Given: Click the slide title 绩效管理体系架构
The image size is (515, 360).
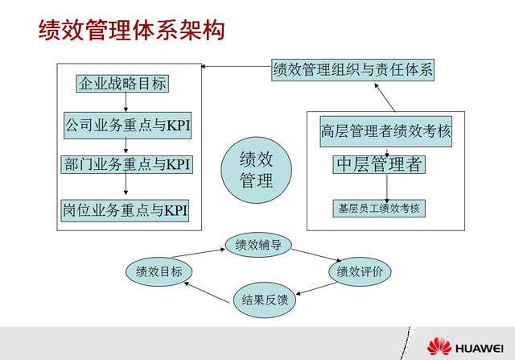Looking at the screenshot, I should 132,31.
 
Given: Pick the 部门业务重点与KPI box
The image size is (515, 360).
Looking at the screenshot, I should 126,164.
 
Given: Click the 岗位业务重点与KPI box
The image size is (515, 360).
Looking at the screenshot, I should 126,210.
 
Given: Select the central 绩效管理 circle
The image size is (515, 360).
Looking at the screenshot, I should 256,170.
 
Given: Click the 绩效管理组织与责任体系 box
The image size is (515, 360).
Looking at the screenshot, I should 353,70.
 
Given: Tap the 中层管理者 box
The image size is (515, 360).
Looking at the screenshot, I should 379,165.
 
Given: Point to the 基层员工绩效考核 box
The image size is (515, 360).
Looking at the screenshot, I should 377,207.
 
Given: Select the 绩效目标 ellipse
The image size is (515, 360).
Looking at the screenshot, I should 159,271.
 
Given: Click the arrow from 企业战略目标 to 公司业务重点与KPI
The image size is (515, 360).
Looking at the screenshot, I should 126,103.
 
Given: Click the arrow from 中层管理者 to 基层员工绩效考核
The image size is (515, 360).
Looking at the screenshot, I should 387,187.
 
